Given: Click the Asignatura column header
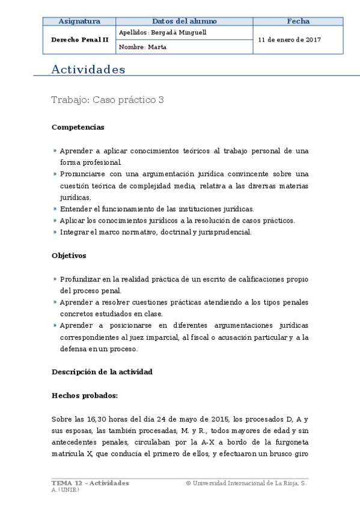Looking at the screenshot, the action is (79, 21).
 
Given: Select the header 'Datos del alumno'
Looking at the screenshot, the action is (184, 21).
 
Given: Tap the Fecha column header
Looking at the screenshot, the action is (297, 21).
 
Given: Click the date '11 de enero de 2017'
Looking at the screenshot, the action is (289, 40).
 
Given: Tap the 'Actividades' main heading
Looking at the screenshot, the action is (88, 70).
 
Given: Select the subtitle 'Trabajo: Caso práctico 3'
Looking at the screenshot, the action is (108, 100).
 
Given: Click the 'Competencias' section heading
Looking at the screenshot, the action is (78, 127).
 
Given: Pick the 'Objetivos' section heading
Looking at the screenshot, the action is (69, 256).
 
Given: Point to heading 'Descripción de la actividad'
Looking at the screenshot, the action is (102, 372).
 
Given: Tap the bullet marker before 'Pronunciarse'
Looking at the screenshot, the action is (55, 174).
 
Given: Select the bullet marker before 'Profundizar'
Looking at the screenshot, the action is (55, 279).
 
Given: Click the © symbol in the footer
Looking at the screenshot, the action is (189, 483).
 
